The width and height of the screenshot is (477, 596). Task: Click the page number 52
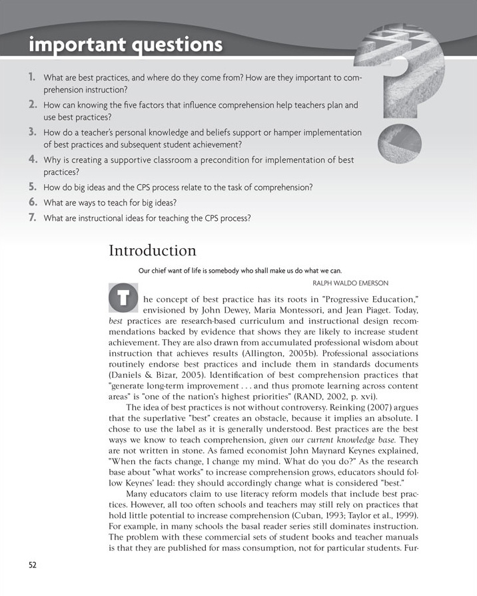tap(33, 565)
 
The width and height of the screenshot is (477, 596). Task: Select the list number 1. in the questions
tap(32, 77)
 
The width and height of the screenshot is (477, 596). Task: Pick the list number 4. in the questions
tap(32, 160)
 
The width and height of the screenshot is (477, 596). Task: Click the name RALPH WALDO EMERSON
tap(329, 282)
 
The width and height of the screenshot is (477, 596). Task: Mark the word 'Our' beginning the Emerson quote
tap(145, 271)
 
